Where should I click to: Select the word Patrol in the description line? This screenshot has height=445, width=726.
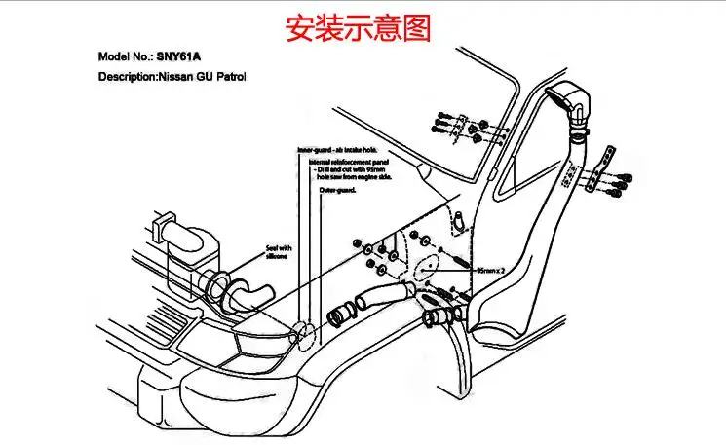(230, 76)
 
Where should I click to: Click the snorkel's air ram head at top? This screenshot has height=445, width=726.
(569, 100)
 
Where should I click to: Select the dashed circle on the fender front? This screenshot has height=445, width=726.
(304, 333)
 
